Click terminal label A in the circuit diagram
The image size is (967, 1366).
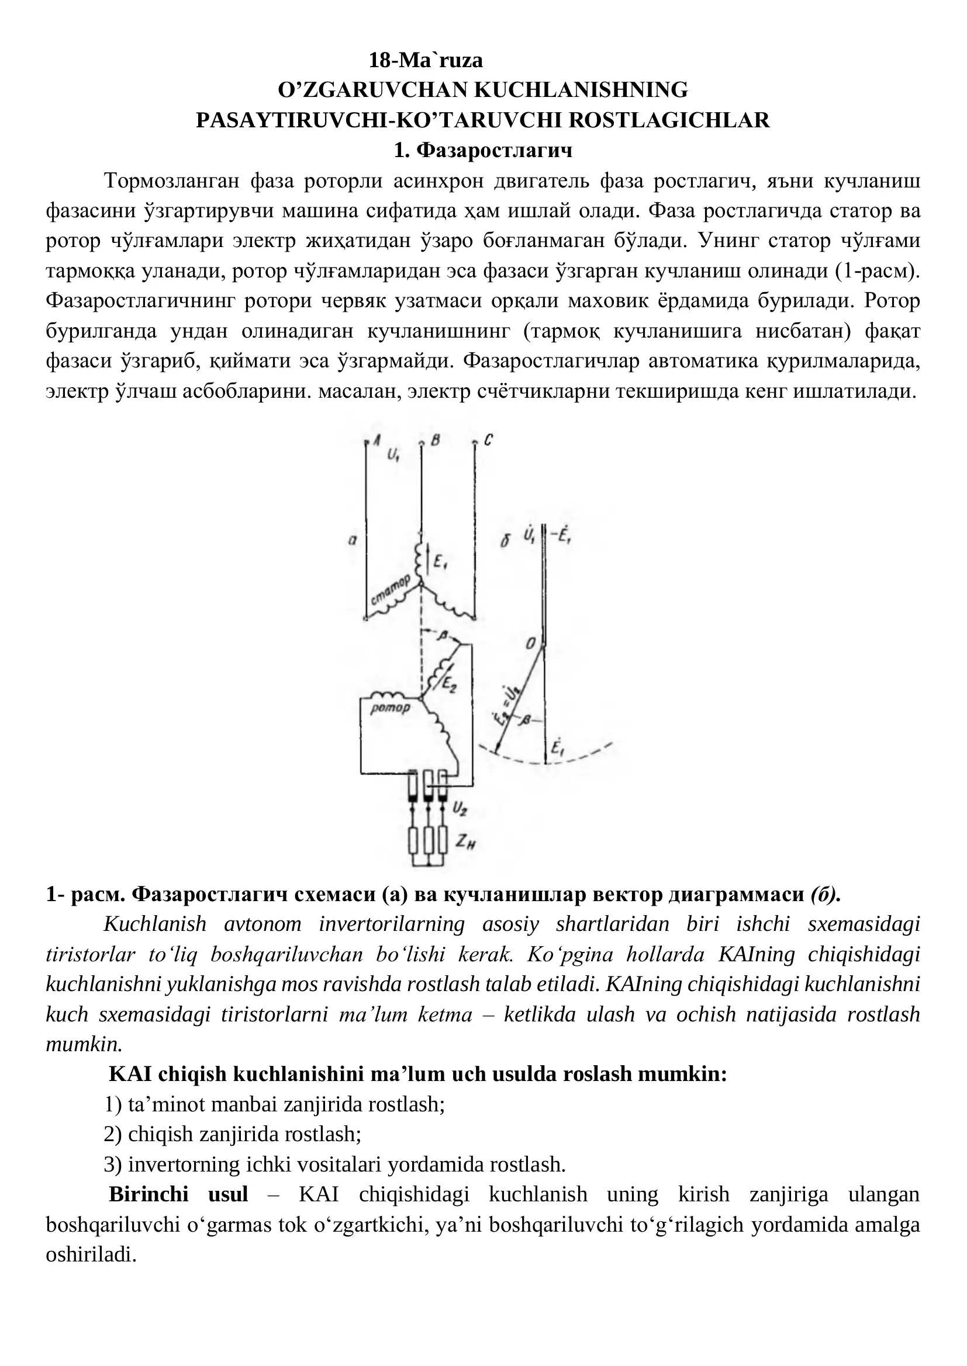pyautogui.click(x=377, y=440)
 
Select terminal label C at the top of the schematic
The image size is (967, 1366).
pyautogui.click(x=488, y=441)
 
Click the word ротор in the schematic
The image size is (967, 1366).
pyautogui.click(x=390, y=708)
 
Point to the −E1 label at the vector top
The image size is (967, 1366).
pyautogui.click(x=561, y=536)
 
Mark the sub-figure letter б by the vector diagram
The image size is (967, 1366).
pyautogui.click(x=505, y=541)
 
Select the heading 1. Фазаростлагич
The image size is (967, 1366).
pyautogui.click(x=483, y=151)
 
